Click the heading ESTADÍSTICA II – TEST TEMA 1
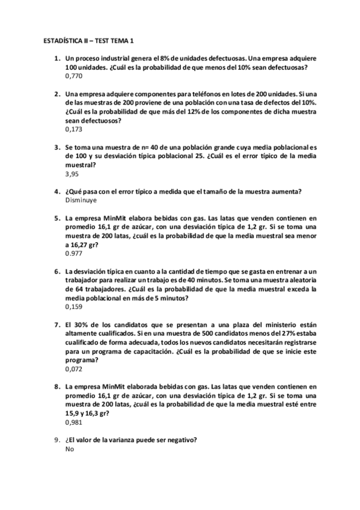89,41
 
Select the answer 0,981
74,422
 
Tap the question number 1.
56,59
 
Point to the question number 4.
56,192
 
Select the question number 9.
56,440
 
